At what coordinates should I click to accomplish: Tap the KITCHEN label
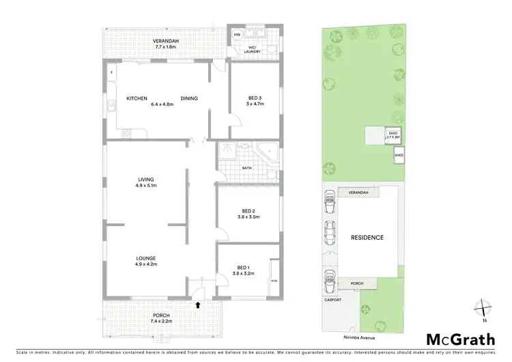(x=137, y=98)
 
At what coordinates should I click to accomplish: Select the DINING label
(x=189, y=98)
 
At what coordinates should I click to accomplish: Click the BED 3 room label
(x=255, y=99)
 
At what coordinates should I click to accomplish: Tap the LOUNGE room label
(x=145, y=258)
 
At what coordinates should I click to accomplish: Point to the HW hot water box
(x=237, y=34)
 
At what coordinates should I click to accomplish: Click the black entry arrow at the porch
(x=198, y=305)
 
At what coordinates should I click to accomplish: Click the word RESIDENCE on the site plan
(x=367, y=238)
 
